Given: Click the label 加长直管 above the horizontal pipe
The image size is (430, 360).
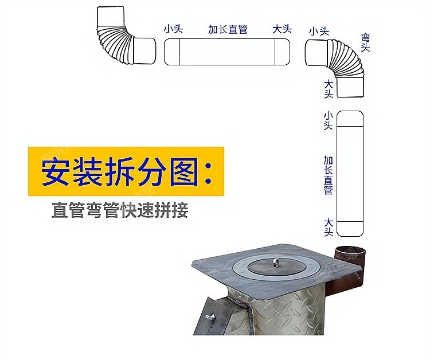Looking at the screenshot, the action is coord(228,29).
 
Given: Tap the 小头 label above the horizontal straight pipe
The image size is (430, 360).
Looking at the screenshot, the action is coord(173,29).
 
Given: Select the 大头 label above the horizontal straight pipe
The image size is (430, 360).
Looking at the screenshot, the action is coord(282,29).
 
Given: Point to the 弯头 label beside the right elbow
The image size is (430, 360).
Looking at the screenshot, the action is coord(365,42).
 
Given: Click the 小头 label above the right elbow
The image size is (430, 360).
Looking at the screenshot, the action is coord(319,31).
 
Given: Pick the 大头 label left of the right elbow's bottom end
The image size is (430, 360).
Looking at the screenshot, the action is coord(329,89).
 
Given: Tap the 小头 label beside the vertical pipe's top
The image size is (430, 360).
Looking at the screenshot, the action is coord(329,120).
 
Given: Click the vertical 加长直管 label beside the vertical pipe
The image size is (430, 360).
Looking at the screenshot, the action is coord(329,175).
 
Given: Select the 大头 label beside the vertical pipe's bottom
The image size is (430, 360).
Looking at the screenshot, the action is coord(329,228).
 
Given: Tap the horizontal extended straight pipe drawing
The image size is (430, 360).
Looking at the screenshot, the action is coord(227,52).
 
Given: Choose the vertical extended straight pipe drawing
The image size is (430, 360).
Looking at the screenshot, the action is coord(350,174).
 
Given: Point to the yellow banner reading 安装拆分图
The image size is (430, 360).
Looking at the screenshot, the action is coord(126,171).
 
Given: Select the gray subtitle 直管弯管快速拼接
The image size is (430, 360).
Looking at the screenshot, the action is coord(120,210).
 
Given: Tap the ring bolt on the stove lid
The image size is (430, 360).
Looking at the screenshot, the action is coord(276,263).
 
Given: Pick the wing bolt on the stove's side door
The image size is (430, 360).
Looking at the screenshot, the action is coord(210,318).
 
